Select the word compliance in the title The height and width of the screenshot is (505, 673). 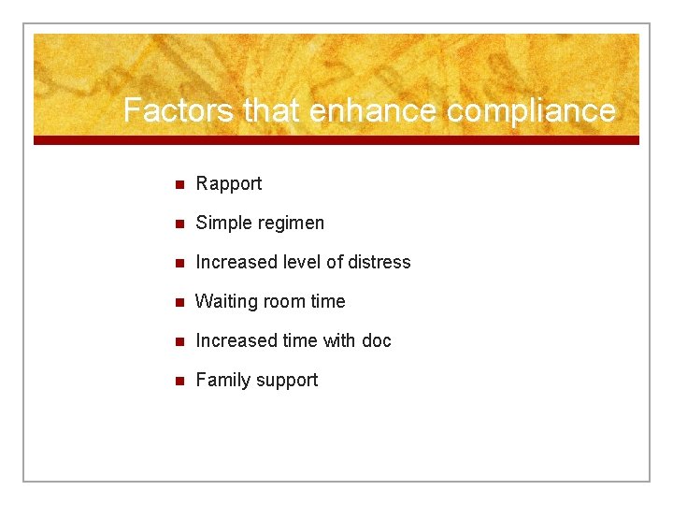pyautogui.click(x=531, y=110)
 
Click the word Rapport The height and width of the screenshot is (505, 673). pyautogui.click(x=229, y=184)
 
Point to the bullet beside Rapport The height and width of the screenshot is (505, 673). pyautogui.click(x=180, y=184)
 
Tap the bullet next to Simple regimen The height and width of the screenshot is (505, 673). pyautogui.click(x=180, y=224)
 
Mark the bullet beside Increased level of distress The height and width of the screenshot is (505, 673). pyautogui.click(x=180, y=263)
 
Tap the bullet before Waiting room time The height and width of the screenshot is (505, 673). pyautogui.click(x=180, y=302)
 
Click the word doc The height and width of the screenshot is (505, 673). pyautogui.click(x=377, y=341)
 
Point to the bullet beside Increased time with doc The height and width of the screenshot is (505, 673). pyautogui.click(x=180, y=341)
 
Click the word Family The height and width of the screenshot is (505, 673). pyautogui.click(x=221, y=381)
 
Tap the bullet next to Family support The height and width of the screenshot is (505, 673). pyautogui.click(x=180, y=381)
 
